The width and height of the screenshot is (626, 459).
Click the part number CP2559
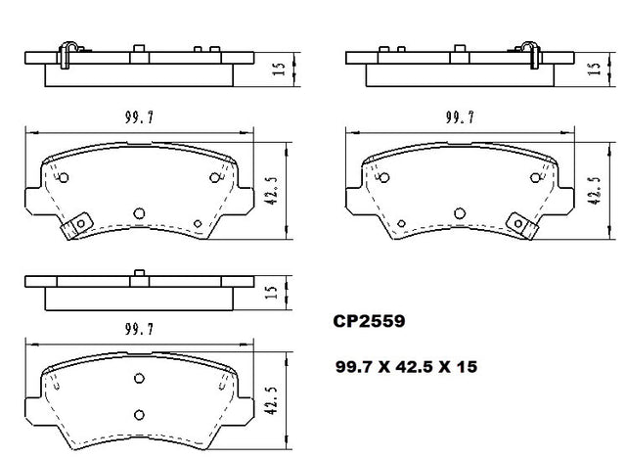pyautogui.click(x=369, y=321)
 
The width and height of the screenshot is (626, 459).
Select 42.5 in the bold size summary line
pyautogui.click(x=414, y=366)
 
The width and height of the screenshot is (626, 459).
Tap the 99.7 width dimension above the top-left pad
pyautogui.click(x=139, y=117)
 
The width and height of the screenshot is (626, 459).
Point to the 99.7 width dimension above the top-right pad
pyautogui.click(x=460, y=117)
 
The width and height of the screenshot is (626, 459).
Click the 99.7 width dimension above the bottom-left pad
pyautogui.click(x=139, y=329)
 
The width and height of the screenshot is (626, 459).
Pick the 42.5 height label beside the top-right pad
pyautogui.click(x=595, y=191)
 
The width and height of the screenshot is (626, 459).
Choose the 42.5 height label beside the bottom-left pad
pyautogui.click(x=271, y=400)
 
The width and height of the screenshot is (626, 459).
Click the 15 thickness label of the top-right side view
pyautogui.click(x=595, y=69)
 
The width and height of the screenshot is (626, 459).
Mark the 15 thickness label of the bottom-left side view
pyautogui.click(x=271, y=292)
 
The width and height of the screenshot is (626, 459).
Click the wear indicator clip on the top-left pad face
pyautogui.click(x=76, y=225)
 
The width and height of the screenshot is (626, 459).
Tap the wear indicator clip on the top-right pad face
pyautogui.click(x=522, y=225)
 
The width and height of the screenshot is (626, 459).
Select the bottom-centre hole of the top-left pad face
pyautogui.click(x=139, y=213)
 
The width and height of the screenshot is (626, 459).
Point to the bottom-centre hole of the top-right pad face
pyautogui.click(x=460, y=213)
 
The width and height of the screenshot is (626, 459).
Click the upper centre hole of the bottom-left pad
pyautogui.click(x=139, y=378)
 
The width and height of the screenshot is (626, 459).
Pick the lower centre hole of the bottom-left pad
pyautogui.click(x=139, y=415)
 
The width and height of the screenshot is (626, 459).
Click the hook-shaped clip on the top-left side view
pyautogui.click(x=67, y=55)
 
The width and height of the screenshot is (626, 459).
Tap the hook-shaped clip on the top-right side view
pyautogui.click(x=531, y=55)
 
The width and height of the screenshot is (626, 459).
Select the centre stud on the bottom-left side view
pyautogui.click(x=139, y=273)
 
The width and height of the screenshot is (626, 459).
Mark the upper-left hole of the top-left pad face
pyautogui.click(x=64, y=178)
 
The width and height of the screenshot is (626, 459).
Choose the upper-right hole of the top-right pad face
pyautogui.click(x=535, y=178)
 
